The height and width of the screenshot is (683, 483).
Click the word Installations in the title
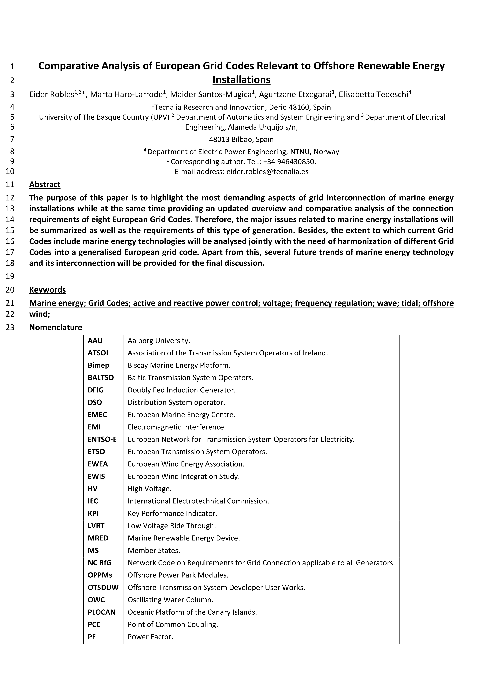pos(241,80)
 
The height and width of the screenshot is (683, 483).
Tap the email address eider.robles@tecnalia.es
pos(267,172)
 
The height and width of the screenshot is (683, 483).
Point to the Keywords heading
pos(47,290)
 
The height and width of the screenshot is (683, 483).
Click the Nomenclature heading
pos(56,327)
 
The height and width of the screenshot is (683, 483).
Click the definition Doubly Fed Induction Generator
pos(182,390)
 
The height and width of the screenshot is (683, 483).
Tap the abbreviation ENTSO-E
pos(102,439)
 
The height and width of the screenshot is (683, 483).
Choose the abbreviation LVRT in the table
pos(96,526)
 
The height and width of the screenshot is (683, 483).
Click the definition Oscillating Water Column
pos(170,600)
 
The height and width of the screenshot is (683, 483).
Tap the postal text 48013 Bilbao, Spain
pos(241,139)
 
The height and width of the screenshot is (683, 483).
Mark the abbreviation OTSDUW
pos(103,588)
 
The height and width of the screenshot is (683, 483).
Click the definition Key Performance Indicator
pos(172,513)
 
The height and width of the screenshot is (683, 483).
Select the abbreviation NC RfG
pos(99,563)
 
